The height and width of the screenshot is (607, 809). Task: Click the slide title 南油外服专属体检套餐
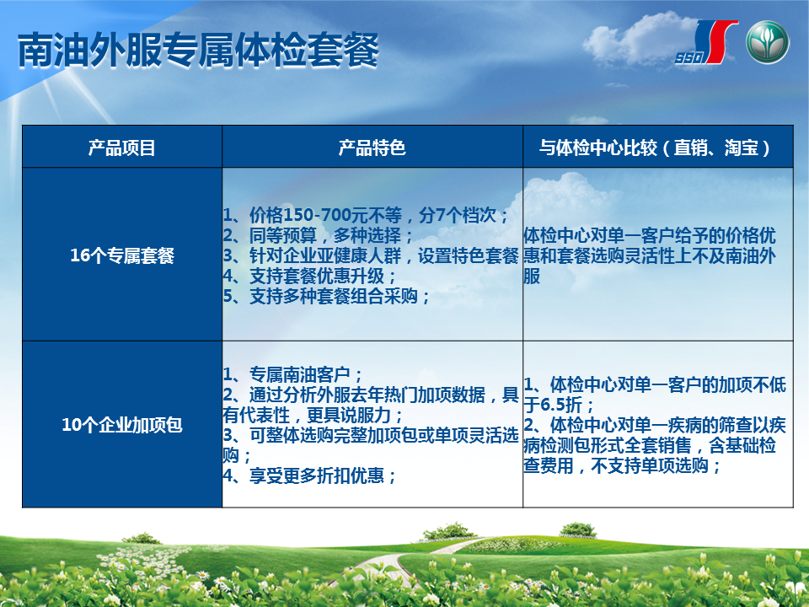coord(199,50)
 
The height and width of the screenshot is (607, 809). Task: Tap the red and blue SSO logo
coord(706,42)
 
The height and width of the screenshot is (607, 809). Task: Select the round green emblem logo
coord(767,42)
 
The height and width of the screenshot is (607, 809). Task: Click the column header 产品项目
coord(121,148)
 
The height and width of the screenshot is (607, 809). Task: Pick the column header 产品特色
coord(372,148)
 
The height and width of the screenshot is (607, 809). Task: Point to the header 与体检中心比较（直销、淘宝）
coord(657,148)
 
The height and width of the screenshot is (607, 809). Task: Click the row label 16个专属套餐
coord(122,255)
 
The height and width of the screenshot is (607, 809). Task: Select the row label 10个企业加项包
coord(122,425)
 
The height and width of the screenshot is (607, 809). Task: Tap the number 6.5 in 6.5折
coord(554,405)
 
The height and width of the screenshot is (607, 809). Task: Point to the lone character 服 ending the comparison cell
coord(532,277)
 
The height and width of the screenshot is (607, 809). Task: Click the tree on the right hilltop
coord(578,529)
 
